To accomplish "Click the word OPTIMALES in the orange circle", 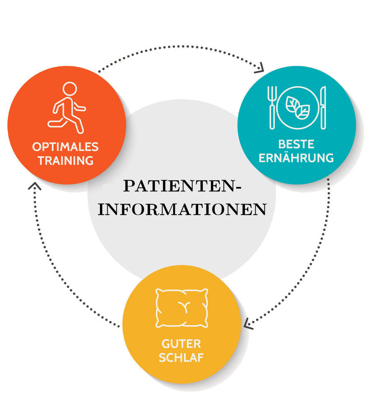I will tap(65, 147).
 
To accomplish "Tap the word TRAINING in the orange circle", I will tap(65, 160).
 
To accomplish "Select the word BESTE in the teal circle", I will tap(296, 145).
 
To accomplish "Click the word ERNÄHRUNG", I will tap(296, 158).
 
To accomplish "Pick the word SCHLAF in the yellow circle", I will tap(181, 357).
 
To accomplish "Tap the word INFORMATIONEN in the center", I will tap(182, 209).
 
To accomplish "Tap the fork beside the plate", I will tap(272, 107).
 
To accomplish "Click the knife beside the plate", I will tap(323, 107).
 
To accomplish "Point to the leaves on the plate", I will tap(298, 106).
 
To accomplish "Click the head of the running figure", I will tap(70, 89).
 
